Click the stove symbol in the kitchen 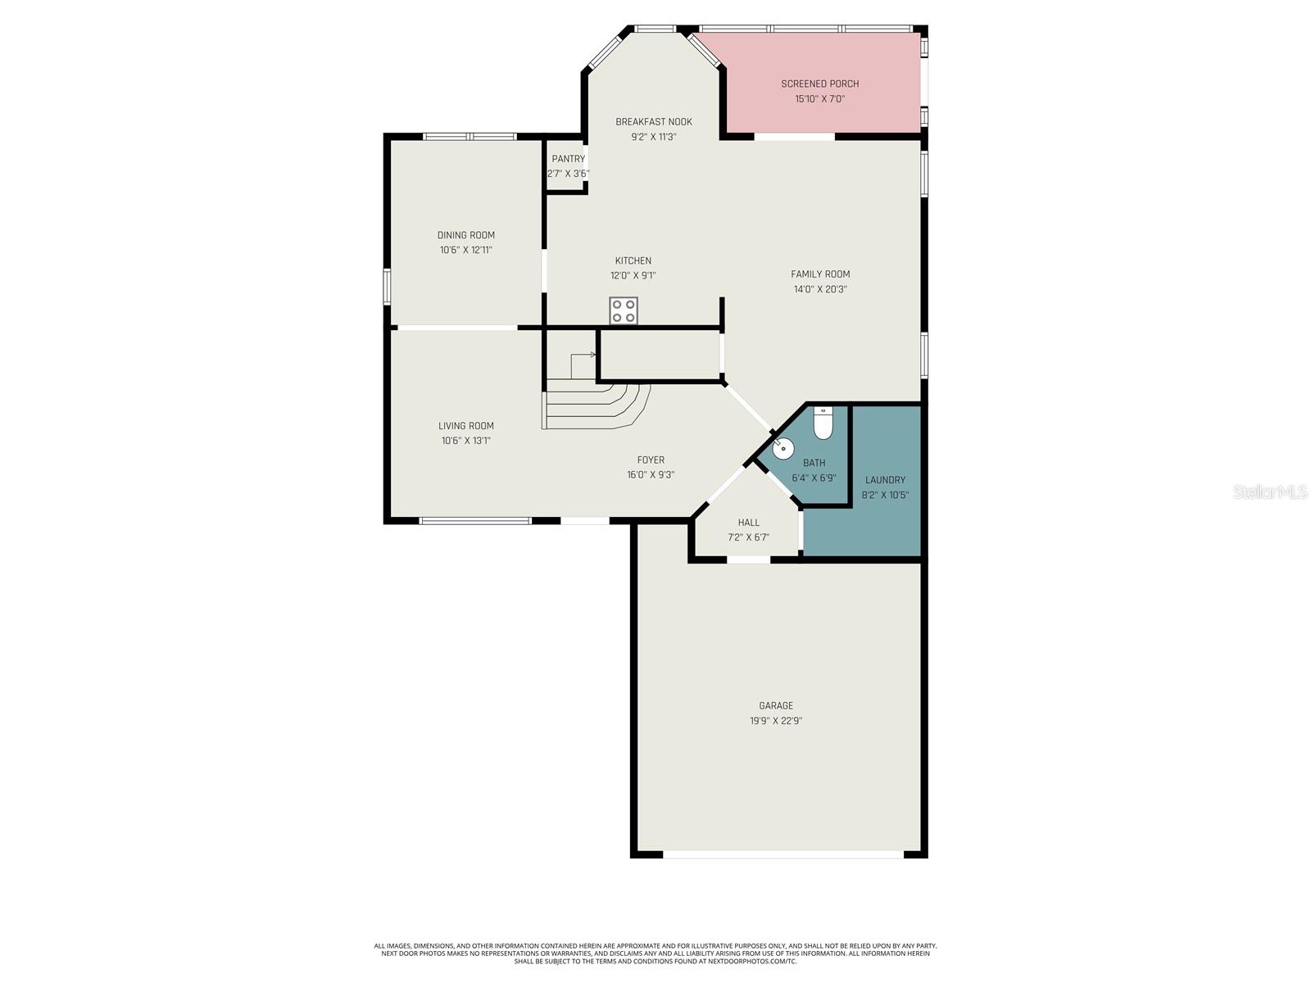pyautogui.click(x=624, y=310)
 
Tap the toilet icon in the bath pyautogui.click(x=823, y=424)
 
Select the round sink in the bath pyautogui.click(x=783, y=447)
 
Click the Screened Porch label pyautogui.click(x=819, y=84)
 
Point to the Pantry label pyautogui.click(x=568, y=159)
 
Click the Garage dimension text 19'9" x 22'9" pyautogui.click(x=775, y=721)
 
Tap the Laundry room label pyautogui.click(x=885, y=480)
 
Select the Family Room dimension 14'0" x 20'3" pyautogui.click(x=819, y=289)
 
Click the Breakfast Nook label pyautogui.click(x=654, y=122)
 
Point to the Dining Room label pyautogui.click(x=465, y=235)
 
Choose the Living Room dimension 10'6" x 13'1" pyautogui.click(x=465, y=441)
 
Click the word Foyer pyautogui.click(x=651, y=460)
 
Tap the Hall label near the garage pyautogui.click(x=748, y=523)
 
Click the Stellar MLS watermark pyautogui.click(x=1270, y=491)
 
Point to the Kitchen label pyautogui.click(x=633, y=260)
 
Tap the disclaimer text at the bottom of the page pyautogui.click(x=655, y=953)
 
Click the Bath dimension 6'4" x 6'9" pyautogui.click(x=814, y=478)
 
